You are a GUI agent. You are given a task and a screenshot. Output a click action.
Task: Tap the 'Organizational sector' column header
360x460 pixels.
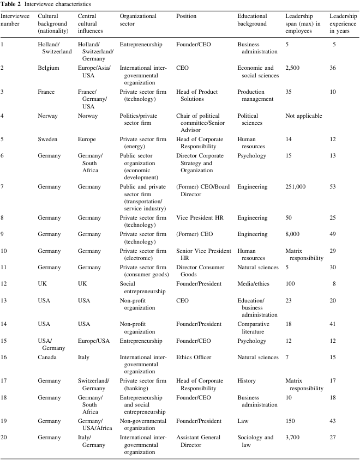point(137,16)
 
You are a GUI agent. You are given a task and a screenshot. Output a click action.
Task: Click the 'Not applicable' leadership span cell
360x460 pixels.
point(304,116)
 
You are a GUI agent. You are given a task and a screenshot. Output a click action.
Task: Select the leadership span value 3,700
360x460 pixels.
point(293,422)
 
